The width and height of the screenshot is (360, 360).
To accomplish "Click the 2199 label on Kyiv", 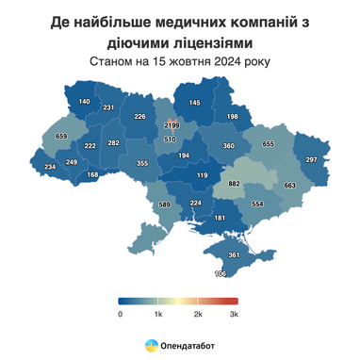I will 172,124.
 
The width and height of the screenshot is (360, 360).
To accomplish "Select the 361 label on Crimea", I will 234,255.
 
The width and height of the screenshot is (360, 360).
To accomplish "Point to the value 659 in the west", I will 61,137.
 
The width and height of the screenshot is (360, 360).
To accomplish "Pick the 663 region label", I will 289,186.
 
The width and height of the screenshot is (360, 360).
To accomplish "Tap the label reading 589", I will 164,205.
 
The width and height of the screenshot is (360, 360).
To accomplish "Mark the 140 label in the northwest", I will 84,101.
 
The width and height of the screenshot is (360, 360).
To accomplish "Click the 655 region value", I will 268,143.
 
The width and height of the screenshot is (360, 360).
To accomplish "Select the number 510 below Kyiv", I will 170,139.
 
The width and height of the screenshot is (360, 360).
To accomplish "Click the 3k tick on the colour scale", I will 234,312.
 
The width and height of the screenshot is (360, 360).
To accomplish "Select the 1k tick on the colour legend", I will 158,312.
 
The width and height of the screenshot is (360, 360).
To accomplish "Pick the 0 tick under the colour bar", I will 121,312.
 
